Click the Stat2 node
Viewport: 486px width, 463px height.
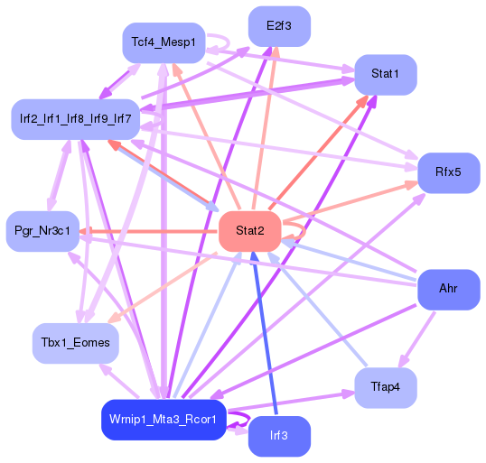coord(249,232)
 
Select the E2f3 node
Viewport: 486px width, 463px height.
coord(279,26)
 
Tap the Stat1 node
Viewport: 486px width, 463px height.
coord(386,73)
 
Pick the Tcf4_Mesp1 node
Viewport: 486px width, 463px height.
coord(164,42)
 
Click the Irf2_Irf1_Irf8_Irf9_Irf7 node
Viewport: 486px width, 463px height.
coord(76,119)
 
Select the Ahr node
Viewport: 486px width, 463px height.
coord(448,289)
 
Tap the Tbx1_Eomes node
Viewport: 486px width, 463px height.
coord(75,343)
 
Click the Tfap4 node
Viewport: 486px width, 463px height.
coord(386,387)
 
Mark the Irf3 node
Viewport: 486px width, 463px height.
coord(279,436)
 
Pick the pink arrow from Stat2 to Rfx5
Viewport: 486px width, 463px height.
coord(352,203)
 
